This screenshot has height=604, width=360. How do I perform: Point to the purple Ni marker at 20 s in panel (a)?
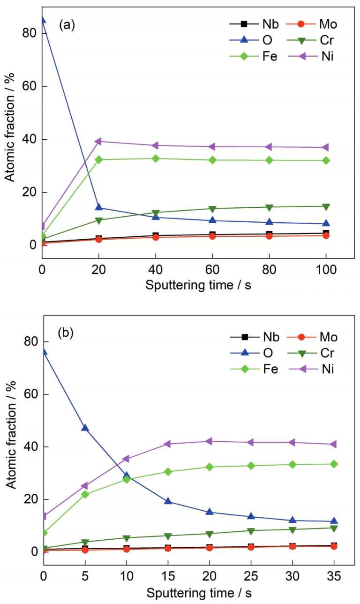click(99, 141)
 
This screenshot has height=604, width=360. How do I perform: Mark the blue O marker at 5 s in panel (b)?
click(85, 428)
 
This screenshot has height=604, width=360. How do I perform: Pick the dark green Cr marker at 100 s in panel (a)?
click(326, 206)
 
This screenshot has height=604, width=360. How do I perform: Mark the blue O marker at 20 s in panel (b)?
click(210, 512)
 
